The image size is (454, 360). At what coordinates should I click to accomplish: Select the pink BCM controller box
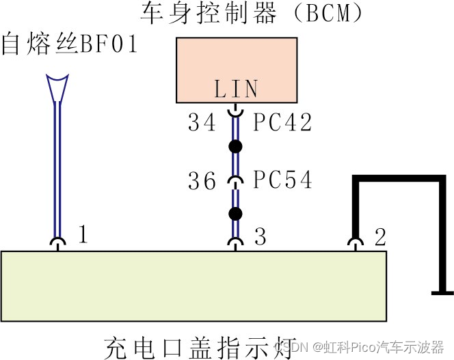237,69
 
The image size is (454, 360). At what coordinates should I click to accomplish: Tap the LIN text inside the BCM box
237,89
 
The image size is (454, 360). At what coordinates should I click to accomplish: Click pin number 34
202,123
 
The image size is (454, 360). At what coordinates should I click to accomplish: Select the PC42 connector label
282,123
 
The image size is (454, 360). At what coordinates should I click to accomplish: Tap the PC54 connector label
282,180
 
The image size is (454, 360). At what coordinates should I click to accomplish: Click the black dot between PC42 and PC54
236,146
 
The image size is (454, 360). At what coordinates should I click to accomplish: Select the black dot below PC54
236,214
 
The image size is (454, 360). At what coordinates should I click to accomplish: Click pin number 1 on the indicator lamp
83,236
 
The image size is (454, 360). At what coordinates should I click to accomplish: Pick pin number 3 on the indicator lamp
260,236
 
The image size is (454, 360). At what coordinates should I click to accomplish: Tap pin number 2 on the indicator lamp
380,236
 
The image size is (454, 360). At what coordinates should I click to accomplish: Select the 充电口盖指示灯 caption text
200,344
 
